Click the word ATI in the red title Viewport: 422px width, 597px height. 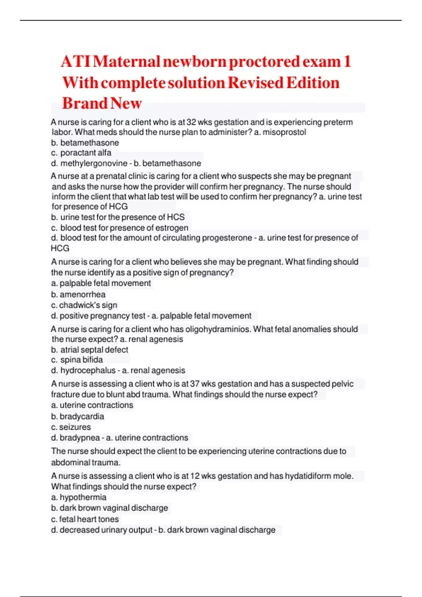point(76,62)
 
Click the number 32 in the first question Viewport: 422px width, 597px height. point(191,122)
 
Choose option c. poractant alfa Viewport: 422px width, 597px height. point(81,153)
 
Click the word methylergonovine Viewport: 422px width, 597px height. point(94,163)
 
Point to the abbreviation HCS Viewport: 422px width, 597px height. point(175,217)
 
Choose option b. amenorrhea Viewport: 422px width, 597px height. point(78,294)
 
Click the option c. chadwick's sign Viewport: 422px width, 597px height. point(84,305)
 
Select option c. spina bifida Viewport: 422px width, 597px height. point(77,360)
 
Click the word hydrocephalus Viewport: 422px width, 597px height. point(88,370)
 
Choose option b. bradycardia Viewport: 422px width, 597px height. point(77,416)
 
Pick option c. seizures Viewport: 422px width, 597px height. point(71,427)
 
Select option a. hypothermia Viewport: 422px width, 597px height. point(79,497)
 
